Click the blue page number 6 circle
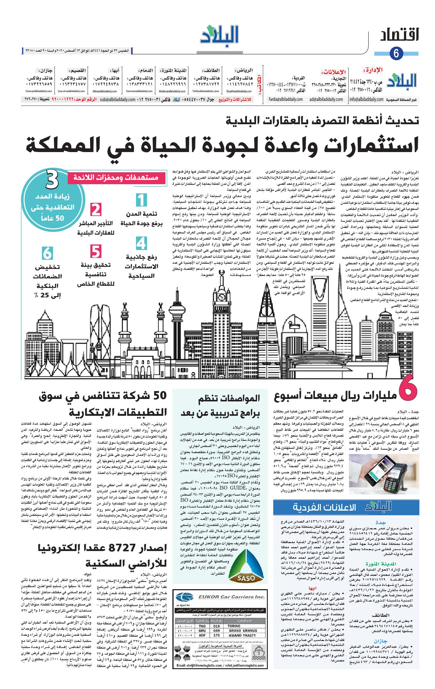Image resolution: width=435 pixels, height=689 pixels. [396, 54]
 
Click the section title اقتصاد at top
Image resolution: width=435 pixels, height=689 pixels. [399, 35]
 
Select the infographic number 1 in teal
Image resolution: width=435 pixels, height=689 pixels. [141, 201]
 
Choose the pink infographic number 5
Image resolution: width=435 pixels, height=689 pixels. [96, 251]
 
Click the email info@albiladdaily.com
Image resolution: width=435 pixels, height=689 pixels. [366, 99]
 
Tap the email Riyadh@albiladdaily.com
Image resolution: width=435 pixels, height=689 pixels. [239, 91]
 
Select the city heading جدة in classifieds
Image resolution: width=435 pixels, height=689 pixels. [380, 522]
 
